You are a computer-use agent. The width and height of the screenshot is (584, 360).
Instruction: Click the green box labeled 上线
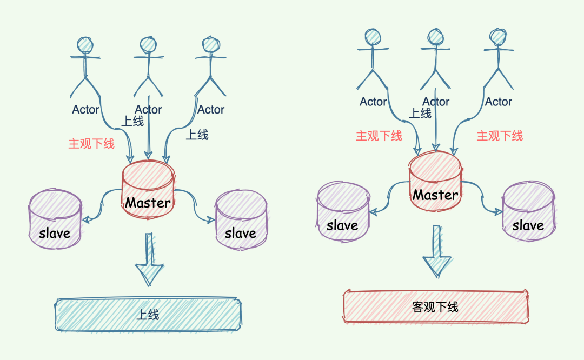pos(148,314)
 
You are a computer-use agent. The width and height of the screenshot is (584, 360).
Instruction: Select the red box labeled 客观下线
pos(435,306)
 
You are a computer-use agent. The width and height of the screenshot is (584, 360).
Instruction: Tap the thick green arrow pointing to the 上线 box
pos(149,259)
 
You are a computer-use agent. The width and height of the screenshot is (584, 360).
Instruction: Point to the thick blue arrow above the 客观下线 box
pos(436,252)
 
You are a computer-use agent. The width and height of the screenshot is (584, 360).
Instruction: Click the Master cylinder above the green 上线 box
pos(148,192)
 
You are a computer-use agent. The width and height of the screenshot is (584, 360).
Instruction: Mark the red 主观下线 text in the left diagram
pos(91,144)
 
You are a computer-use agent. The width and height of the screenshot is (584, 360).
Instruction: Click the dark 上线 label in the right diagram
pos(420,113)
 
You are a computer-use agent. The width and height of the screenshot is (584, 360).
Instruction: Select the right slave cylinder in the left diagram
pos(241,218)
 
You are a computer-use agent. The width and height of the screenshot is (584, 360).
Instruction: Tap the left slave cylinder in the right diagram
pos(343,210)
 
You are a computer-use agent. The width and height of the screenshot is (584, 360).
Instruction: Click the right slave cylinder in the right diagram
pos(528,210)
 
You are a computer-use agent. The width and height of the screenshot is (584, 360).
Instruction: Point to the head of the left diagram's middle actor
pos(148,45)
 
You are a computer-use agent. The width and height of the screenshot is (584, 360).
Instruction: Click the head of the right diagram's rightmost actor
pos(498,37)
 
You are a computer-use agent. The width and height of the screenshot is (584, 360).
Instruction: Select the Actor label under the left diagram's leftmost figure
pos(85,110)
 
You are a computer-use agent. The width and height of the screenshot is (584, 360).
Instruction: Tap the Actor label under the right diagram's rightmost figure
pos(498,102)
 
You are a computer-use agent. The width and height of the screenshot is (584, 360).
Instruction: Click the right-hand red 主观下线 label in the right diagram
pos(500,136)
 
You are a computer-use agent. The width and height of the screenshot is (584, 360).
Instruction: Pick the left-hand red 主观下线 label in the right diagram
pos(379,136)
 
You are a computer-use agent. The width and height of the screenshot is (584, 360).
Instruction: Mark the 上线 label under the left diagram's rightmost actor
pos(197,135)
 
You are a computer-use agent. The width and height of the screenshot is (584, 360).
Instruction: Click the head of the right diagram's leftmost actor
pos(373,37)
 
